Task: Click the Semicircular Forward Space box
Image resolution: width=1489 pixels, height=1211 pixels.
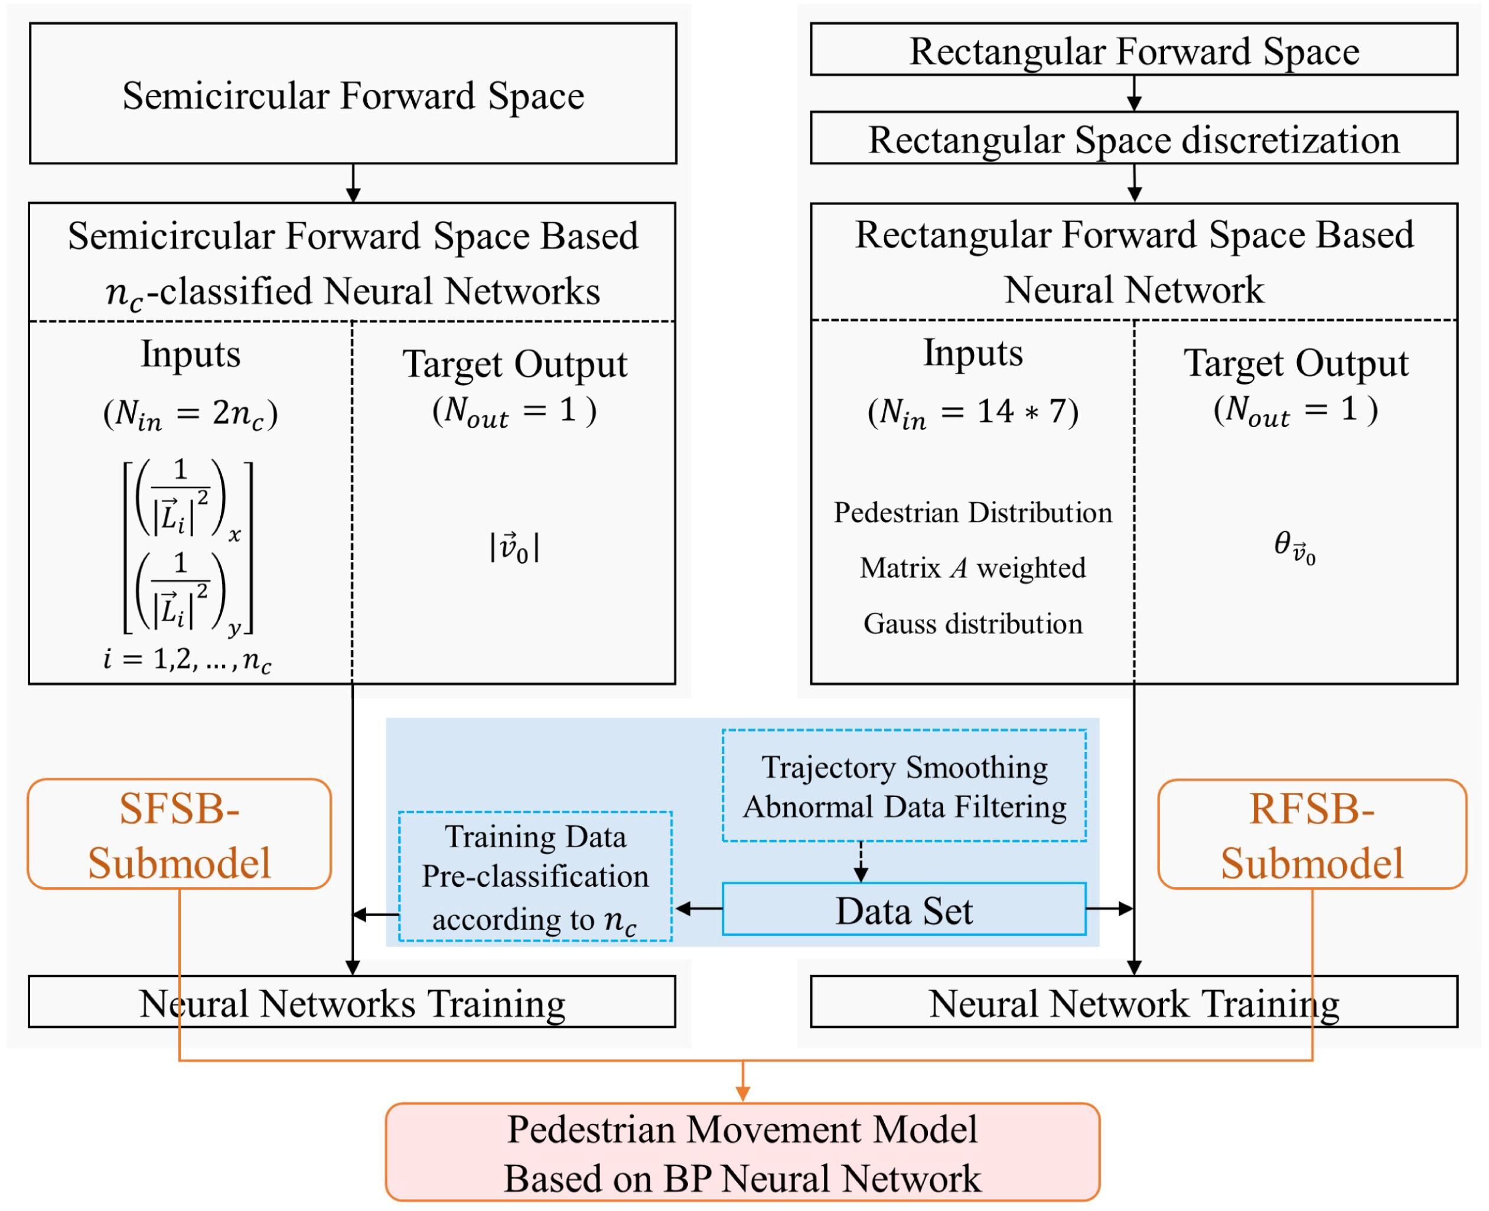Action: click(x=353, y=93)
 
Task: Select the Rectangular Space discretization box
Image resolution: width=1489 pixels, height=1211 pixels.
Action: click(x=1134, y=138)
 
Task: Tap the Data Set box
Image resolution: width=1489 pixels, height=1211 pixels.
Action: click(x=904, y=909)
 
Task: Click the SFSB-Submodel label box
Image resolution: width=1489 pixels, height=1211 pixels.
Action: click(x=179, y=834)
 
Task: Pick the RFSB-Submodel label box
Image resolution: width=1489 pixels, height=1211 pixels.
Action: click(x=1312, y=834)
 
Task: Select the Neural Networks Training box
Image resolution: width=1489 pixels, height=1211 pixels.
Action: click(x=352, y=1002)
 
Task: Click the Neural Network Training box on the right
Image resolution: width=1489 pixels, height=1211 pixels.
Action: click(x=1134, y=1002)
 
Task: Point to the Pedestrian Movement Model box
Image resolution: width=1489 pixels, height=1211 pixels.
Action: click(x=743, y=1153)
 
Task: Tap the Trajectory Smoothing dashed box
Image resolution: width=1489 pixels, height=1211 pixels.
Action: click(x=904, y=786)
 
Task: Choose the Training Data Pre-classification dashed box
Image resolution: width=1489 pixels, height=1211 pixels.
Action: click(x=535, y=876)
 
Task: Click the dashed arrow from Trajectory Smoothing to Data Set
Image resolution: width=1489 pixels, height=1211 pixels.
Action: click(x=861, y=862)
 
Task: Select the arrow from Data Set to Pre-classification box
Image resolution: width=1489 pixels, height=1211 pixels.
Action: click(x=698, y=909)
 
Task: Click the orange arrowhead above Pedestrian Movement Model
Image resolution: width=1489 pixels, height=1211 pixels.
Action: click(x=743, y=1093)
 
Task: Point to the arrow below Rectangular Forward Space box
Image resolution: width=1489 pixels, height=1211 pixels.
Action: click(x=1135, y=93)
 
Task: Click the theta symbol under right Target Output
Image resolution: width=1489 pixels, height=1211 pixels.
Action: click(x=1295, y=547)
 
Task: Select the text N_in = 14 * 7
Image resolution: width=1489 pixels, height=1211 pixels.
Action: click(x=973, y=412)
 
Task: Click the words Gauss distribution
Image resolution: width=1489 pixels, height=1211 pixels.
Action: click(x=973, y=623)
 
